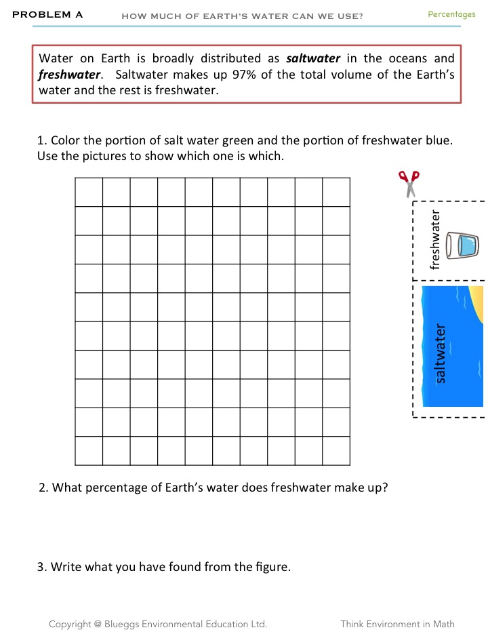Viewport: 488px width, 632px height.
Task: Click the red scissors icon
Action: click(x=409, y=183)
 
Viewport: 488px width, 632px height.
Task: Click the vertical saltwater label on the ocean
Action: click(x=441, y=353)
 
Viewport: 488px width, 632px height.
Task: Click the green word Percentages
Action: click(x=451, y=14)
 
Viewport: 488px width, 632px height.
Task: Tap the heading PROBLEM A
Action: click(x=47, y=14)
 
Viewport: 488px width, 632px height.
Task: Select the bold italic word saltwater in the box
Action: click(x=313, y=58)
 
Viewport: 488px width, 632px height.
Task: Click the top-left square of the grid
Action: click(x=89, y=192)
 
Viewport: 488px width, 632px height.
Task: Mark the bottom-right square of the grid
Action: click(x=336, y=451)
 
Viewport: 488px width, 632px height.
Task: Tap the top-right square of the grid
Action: click(x=336, y=192)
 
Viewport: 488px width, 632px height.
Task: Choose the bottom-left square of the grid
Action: click(x=89, y=451)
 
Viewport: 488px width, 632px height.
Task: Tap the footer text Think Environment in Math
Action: click(x=397, y=624)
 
